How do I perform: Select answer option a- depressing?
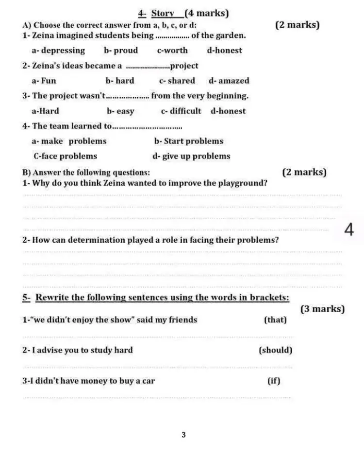point(58,50)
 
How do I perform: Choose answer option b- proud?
point(121,50)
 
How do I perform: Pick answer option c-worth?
point(172,50)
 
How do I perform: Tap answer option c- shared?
point(177,81)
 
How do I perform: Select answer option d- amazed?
point(229,81)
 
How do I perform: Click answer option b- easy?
point(121,111)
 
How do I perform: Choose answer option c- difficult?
point(181,111)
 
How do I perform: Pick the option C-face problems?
point(66,156)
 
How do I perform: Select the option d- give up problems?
point(192,156)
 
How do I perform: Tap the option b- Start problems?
point(189,142)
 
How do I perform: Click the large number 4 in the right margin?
point(348,230)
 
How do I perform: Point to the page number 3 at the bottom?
point(183,435)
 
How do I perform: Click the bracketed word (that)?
point(275,320)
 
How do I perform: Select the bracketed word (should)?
point(276,350)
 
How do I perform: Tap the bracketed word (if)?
point(274,381)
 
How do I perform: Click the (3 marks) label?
point(323,309)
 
